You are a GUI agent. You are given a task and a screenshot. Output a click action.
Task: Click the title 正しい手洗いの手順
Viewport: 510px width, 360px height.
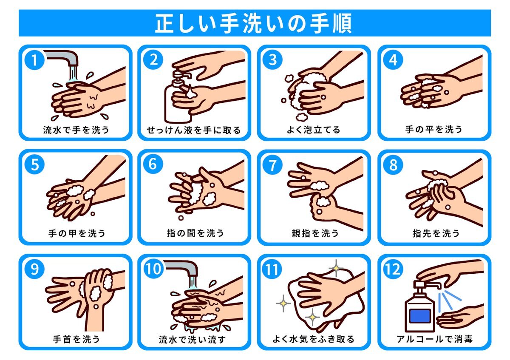[253, 23]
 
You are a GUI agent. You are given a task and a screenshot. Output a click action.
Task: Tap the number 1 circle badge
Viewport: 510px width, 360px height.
[34, 60]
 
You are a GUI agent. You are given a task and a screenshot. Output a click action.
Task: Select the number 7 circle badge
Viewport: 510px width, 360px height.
[272, 165]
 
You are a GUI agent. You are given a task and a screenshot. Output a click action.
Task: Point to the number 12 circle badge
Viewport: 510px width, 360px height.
[393, 269]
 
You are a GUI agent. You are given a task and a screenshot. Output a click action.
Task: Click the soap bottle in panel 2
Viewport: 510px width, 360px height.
[178, 98]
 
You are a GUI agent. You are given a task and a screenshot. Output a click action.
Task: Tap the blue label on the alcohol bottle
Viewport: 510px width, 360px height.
[420, 316]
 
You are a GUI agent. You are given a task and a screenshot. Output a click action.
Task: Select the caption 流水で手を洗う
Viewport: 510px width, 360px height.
[76, 130]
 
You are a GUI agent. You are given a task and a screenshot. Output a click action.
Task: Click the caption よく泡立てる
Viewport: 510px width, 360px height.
[314, 130]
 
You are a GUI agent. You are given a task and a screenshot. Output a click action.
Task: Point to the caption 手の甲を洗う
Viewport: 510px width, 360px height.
[77, 233]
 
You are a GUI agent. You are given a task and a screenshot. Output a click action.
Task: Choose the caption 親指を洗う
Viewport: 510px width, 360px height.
[315, 233]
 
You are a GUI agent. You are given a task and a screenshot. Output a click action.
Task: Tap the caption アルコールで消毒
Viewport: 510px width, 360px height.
[435, 339]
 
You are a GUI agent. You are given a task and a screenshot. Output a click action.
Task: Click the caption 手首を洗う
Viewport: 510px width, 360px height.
[76, 339]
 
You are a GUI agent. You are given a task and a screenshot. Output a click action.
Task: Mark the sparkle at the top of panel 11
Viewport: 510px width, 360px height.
[336, 268]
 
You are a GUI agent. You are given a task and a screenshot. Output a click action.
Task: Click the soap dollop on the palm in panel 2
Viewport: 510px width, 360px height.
[191, 93]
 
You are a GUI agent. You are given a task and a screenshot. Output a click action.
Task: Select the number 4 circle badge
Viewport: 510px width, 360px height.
[393, 60]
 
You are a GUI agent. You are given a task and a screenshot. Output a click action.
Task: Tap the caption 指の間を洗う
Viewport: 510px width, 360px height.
[195, 233]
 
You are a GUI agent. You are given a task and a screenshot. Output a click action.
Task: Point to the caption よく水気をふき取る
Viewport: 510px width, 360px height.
[314, 339]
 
